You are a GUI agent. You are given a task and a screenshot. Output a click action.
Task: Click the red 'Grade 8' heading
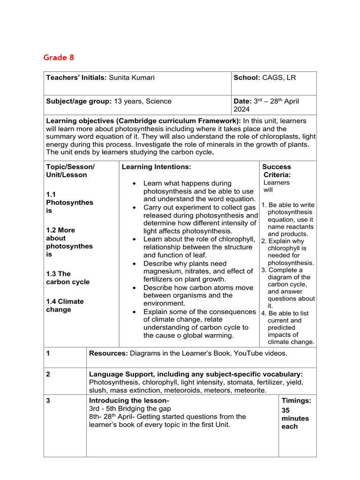click(x=59, y=58)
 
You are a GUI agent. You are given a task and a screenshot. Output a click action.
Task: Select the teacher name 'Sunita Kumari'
click(x=132, y=77)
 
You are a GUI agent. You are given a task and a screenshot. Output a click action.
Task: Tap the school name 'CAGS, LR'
click(x=279, y=77)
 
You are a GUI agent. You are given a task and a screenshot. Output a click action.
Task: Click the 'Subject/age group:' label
click(x=78, y=101)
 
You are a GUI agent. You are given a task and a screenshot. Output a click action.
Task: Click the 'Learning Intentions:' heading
click(x=156, y=167)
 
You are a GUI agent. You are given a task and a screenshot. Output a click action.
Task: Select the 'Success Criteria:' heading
click(x=277, y=171)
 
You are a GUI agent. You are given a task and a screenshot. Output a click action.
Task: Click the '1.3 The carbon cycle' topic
click(x=67, y=277)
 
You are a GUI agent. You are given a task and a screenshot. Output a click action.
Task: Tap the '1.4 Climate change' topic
click(x=65, y=305)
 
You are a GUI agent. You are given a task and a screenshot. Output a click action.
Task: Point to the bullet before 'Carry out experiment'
click(x=135, y=207)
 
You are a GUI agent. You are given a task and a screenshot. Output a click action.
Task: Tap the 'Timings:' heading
click(x=296, y=401)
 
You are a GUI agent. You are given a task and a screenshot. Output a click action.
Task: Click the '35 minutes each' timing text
click(x=295, y=418)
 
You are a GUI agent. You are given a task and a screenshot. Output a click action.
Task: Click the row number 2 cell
click(x=48, y=374)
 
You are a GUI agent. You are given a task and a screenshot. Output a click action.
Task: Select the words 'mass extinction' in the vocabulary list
click(x=140, y=390)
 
